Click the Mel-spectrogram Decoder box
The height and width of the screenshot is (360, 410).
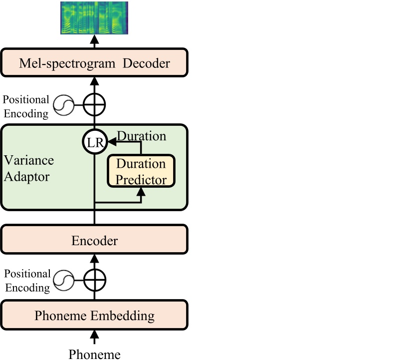[x=94, y=63]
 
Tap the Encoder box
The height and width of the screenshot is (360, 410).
[x=94, y=241]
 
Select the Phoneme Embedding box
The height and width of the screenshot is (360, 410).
[x=94, y=316]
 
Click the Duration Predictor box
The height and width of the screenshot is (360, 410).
[x=141, y=171]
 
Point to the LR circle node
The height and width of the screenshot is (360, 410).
[x=94, y=143]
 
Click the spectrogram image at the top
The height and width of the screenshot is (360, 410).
[x=94, y=18]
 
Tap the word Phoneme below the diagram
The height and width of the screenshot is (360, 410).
[x=94, y=354]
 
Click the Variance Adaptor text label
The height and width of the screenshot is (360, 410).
[x=28, y=168]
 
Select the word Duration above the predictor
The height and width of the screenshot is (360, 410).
[x=141, y=136]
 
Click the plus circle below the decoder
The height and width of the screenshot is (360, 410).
[x=94, y=105]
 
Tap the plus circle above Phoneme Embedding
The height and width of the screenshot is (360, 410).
[x=94, y=280]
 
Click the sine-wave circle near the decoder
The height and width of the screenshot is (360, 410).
[x=64, y=105]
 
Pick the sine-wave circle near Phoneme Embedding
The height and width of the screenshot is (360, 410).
[x=64, y=280]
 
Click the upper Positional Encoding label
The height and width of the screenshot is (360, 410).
[x=26, y=106]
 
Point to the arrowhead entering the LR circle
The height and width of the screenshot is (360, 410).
[x=111, y=143]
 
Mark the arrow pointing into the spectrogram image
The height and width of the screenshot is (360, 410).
[x=94, y=39]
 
